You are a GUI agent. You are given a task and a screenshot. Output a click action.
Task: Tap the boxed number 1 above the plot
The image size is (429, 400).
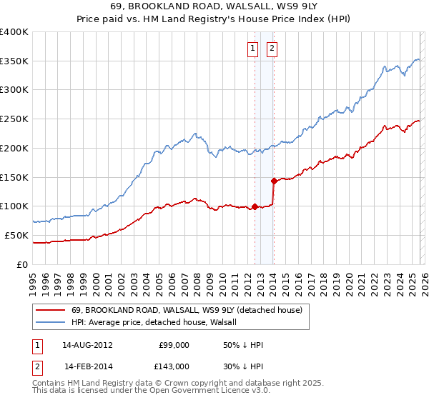tap(253, 49)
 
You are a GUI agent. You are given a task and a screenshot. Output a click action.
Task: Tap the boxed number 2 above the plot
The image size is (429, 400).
tap(272, 49)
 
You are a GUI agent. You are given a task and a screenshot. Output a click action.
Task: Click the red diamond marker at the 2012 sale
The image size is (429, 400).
tap(255, 207)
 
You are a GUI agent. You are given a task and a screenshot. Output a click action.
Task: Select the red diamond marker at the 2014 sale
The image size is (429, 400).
tap(274, 181)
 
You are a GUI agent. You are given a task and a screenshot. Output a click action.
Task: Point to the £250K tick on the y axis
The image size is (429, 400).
tap(14, 119)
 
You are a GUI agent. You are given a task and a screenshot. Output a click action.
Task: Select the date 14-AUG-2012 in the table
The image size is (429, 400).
tap(87, 345)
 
